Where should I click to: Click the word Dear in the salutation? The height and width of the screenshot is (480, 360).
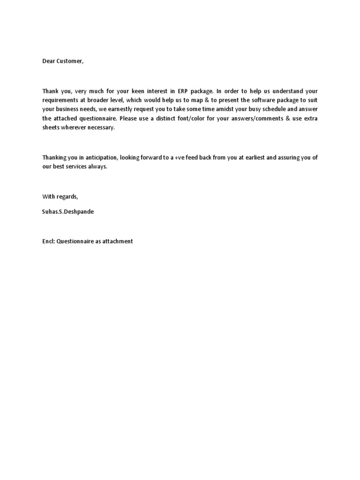[49, 61]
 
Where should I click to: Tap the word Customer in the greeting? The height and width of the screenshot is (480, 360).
[71, 61]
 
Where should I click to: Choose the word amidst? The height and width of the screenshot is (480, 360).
[229, 109]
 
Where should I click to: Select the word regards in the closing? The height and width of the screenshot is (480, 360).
[67, 196]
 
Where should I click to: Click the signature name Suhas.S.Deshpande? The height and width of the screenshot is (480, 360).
[67, 211]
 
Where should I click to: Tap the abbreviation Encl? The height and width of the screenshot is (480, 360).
[48, 241]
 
